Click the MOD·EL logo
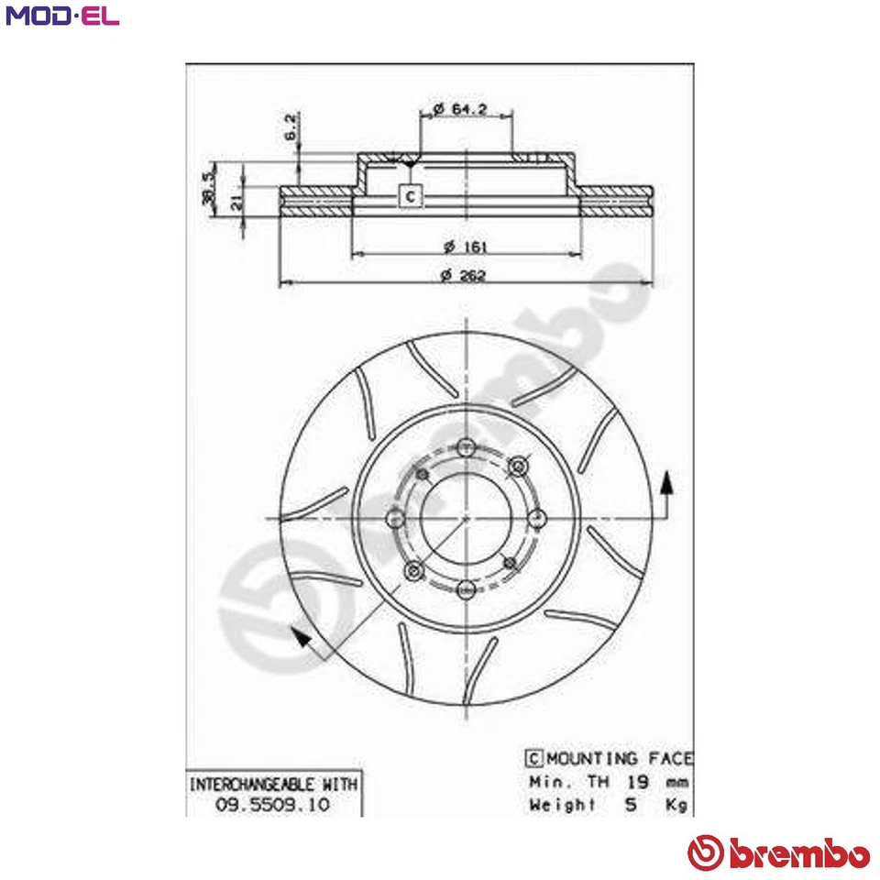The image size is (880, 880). point(61,16)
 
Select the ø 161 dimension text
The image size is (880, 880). point(466,247)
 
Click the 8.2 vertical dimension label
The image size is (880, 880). point(290,126)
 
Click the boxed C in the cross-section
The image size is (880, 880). point(411,195)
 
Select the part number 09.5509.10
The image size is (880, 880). point(272,804)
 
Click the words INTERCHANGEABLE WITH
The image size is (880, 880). point(273,785)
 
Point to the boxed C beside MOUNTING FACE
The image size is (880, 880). point(533,758)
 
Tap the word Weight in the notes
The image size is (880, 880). point(561,804)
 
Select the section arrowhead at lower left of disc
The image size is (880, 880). point(298,636)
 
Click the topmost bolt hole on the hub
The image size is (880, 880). point(467,446)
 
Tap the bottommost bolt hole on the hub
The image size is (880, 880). point(467,588)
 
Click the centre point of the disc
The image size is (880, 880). point(467,518)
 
